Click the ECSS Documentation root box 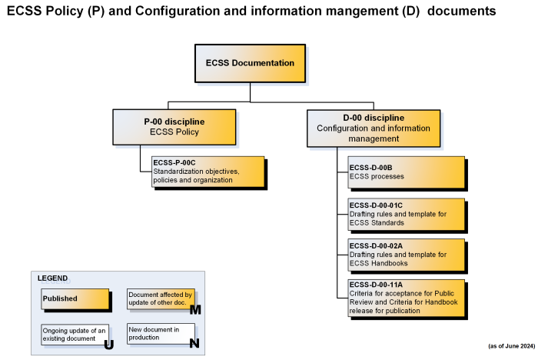point(250,63)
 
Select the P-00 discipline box point(174,127)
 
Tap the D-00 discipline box point(374,128)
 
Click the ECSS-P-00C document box point(208,172)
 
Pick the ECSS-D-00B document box point(407,172)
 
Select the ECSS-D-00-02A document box point(407,254)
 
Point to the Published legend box point(75,298)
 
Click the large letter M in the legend point(194,310)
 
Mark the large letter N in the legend point(194,344)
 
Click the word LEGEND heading point(52,278)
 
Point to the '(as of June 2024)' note point(511,346)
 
